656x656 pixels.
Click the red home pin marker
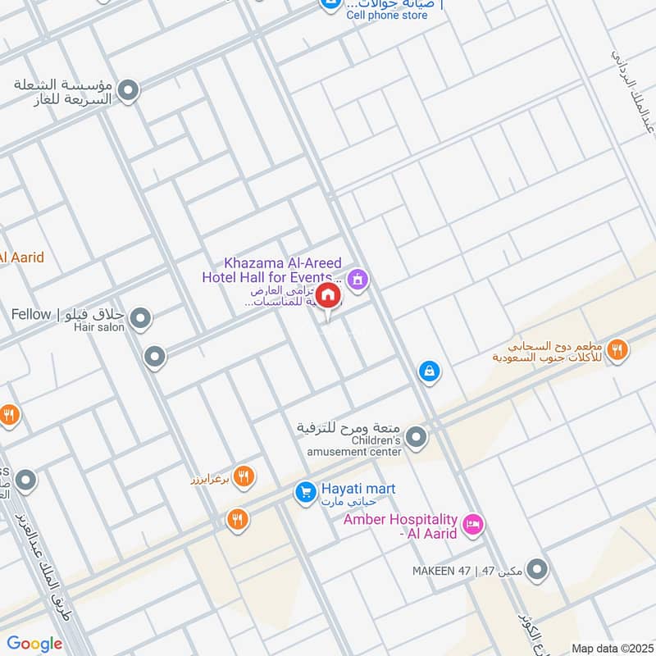[328, 296]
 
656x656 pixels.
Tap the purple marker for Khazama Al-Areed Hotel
[358, 280]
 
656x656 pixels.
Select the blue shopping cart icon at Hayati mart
[306, 492]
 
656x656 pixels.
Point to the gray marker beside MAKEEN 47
[537, 568]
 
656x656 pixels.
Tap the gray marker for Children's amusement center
[417, 437]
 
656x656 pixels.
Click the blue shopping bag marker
[429, 371]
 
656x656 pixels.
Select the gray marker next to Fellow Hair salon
[141, 317]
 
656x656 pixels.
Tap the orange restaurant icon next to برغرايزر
[244, 476]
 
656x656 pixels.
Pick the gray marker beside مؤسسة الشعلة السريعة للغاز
[128, 90]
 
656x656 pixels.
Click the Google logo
[34, 644]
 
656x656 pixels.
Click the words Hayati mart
[358, 489]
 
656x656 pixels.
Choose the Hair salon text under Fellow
[99, 327]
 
